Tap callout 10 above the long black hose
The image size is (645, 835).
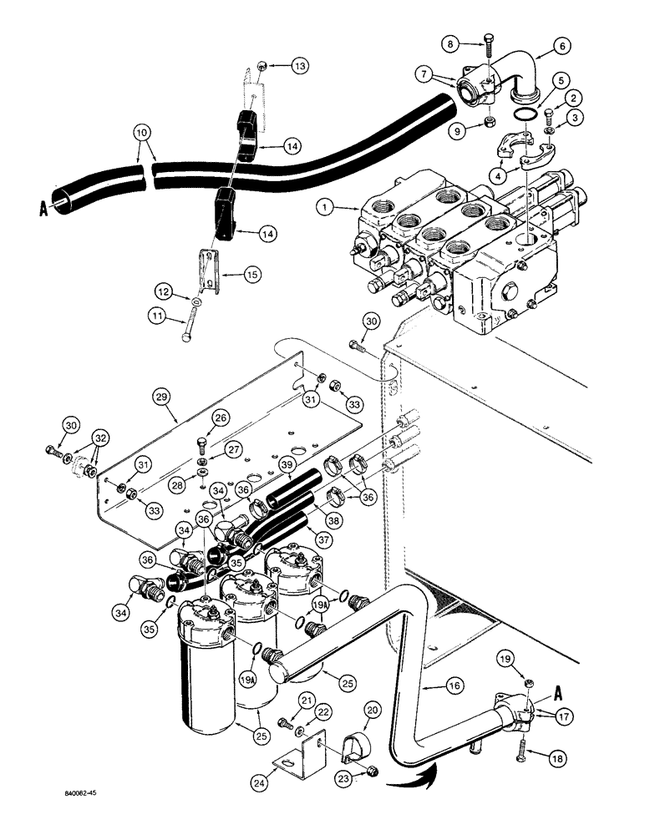[x=142, y=131]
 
